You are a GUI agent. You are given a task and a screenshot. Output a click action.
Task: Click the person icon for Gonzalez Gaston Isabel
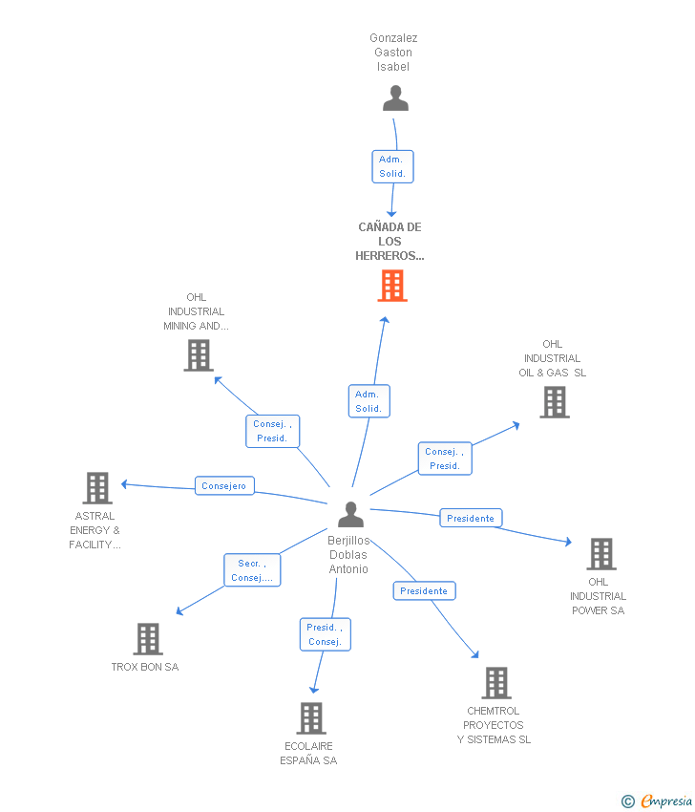[x=395, y=98]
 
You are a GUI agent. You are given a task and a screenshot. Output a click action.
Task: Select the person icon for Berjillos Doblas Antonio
[x=351, y=515]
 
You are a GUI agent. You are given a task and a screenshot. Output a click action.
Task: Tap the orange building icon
[x=392, y=286]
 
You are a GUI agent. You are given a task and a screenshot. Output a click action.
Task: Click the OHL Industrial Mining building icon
[x=198, y=355]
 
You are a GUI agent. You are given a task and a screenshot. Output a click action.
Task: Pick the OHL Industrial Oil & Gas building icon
[x=554, y=402]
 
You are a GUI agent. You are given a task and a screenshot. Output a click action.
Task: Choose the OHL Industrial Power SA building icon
[x=600, y=554]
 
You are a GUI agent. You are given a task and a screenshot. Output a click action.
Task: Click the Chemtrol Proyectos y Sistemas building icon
[x=495, y=683]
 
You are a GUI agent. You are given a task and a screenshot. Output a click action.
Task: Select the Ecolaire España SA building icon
[x=311, y=718]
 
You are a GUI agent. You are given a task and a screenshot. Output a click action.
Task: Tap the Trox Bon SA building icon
[x=148, y=639]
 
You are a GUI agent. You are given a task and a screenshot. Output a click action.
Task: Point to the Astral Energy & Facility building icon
[x=96, y=488]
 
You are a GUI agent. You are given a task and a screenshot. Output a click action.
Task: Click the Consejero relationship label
[x=224, y=486]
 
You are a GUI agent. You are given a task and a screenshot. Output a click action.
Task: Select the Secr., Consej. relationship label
[x=252, y=570]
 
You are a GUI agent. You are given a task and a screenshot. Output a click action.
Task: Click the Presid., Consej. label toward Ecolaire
[x=325, y=634]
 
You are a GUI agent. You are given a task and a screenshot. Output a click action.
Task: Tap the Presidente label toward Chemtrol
[x=424, y=590]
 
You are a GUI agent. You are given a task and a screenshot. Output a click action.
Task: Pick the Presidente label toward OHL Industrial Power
[x=471, y=518]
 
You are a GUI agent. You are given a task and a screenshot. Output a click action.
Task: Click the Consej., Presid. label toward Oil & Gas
[x=445, y=459]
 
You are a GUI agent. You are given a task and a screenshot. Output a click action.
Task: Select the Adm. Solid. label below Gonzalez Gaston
[x=392, y=166]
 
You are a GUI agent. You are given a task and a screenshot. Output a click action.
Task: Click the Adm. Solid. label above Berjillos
[x=369, y=401]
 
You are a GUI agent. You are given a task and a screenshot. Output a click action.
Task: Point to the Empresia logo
[x=658, y=801]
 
